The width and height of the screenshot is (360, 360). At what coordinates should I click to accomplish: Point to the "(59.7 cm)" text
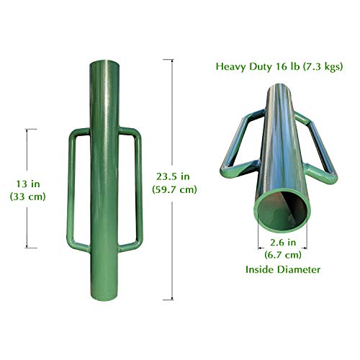point(175,189)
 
